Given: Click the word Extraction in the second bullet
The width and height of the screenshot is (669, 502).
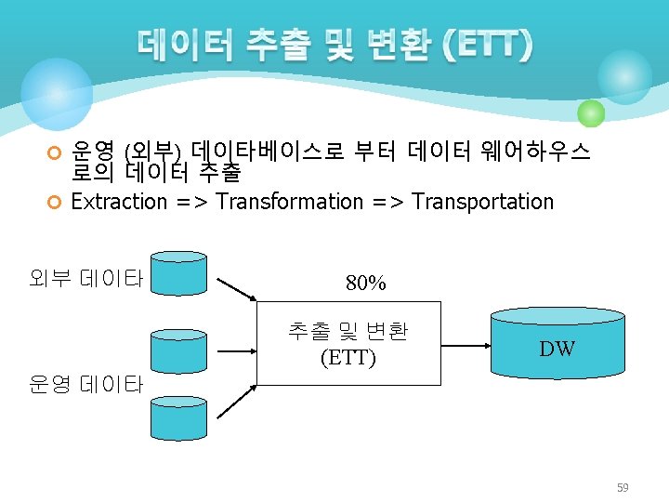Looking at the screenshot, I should pyautogui.click(x=119, y=202).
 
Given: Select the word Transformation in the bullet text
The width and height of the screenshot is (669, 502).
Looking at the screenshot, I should pyautogui.click(x=290, y=202).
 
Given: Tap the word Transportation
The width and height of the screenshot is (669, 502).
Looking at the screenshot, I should pyautogui.click(x=482, y=202).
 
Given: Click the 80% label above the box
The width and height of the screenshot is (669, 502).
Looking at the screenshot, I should pyautogui.click(x=365, y=283).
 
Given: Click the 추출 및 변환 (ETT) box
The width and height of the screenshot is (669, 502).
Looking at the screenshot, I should pyautogui.click(x=348, y=342).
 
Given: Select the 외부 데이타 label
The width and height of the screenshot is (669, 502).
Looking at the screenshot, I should pyautogui.click(x=85, y=277).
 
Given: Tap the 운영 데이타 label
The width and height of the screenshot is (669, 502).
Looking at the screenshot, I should pyautogui.click(x=85, y=384).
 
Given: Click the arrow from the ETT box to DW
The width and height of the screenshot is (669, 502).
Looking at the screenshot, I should pyautogui.click(x=466, y=343).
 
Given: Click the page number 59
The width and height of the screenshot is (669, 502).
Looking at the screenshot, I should pyautogui.click(x=622, y=486).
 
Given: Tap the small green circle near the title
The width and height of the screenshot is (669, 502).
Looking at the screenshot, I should pyautogui.click(x=591, y=113).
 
